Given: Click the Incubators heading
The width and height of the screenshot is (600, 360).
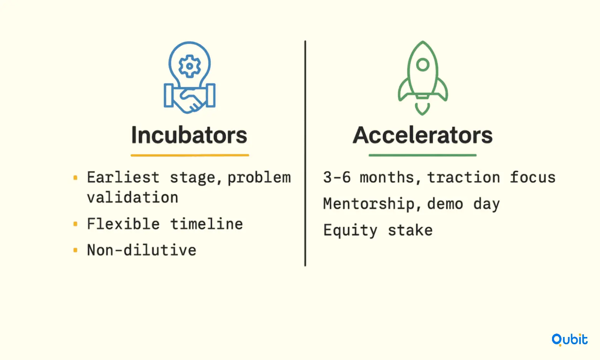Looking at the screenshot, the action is point(189,135).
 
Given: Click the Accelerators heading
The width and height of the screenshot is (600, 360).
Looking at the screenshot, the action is point(422,135).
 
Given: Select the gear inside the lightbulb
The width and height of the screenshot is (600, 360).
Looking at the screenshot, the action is point(190,66).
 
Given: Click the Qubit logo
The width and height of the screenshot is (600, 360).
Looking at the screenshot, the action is point(570,340).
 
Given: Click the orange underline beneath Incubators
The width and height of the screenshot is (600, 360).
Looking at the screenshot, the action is point(190,155).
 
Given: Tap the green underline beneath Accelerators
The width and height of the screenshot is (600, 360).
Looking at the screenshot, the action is point(422,155).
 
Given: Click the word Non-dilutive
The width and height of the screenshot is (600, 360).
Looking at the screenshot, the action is point(142,250).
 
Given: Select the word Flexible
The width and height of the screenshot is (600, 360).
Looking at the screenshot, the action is point(123,224).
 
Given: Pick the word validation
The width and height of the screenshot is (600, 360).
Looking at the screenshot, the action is point(132,197).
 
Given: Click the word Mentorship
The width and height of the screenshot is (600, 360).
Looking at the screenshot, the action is point(369,204).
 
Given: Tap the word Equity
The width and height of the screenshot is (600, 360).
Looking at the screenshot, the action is point(350,230).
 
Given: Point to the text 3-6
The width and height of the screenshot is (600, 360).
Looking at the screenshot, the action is point(337,177).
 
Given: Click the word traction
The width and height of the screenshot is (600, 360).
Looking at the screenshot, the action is point(463,177).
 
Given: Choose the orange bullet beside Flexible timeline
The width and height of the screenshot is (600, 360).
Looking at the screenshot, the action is point(75,224).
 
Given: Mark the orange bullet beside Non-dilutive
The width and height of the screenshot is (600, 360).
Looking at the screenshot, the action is point(75,250).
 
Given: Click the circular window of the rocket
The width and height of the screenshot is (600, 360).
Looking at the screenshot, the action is point(423,64).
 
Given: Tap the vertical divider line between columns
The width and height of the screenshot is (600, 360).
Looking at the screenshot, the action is point(305,153).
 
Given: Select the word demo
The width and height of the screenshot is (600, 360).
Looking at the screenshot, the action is point(445,204).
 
